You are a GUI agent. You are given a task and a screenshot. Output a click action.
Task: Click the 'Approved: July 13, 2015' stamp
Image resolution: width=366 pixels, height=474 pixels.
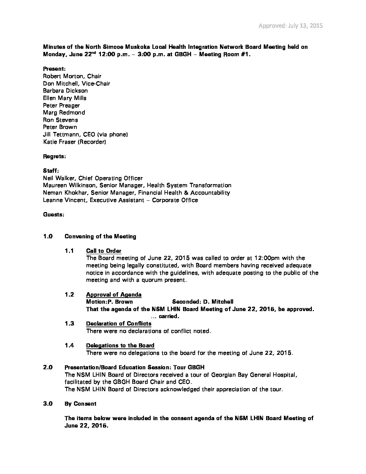[x=291, y=26]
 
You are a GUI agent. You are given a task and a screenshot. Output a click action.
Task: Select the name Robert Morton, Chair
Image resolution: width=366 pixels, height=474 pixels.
[x=72, y=76]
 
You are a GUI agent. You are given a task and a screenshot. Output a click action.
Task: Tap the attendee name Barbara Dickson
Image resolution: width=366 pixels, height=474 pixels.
[x=65, y=91]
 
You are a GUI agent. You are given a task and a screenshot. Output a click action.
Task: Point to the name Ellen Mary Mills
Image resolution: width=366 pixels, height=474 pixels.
[x=65, y=98]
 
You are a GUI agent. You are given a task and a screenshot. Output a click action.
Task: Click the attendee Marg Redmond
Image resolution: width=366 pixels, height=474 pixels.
[x=64, y=112]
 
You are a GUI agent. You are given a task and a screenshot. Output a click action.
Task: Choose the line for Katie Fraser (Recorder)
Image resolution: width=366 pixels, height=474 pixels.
[x=74, y=142]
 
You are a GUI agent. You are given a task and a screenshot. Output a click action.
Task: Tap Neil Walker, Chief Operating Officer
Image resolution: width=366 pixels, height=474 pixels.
[x=93, y=178]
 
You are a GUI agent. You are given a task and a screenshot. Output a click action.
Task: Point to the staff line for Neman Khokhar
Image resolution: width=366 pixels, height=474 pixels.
[x=136, y=193]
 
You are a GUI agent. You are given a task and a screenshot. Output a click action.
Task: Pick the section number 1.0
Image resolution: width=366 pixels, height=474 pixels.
[x=48, y=236]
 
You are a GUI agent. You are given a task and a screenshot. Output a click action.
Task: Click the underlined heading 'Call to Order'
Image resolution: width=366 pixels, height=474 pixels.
[x=104, y=251]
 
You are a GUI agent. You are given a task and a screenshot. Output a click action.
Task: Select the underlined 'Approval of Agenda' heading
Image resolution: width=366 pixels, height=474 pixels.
[x=114, y=295]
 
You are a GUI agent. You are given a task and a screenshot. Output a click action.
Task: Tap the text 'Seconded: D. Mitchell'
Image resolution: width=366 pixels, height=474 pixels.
[x=203, y=302]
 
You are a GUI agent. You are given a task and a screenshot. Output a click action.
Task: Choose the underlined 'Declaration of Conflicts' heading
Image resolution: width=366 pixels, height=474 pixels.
[x=119, y=324]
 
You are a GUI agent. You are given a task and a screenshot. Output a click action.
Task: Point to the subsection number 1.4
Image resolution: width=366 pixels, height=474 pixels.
[x=69, y=345]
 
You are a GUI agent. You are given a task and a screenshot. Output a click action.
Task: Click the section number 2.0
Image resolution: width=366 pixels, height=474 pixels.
[x=48, y=367]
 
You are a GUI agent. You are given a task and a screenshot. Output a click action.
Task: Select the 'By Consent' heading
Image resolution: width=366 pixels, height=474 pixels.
[x=80, y=404]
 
